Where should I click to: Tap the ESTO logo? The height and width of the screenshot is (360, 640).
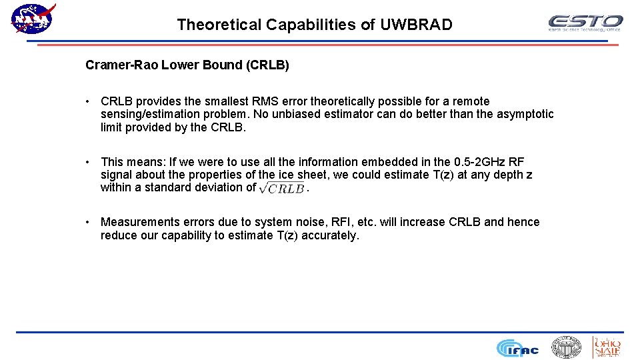coord(585,23)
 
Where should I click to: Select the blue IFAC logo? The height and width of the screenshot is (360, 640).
coord(517,347)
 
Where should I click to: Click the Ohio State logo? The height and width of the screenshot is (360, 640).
coord(607,347)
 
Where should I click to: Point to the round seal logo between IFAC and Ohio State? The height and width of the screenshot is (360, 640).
coord(566,347)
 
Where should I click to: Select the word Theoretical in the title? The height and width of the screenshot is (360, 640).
coord(219,25)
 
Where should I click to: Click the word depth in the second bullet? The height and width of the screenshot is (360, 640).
coord(508,175)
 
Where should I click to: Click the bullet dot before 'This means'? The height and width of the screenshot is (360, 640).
coord(88,162)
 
